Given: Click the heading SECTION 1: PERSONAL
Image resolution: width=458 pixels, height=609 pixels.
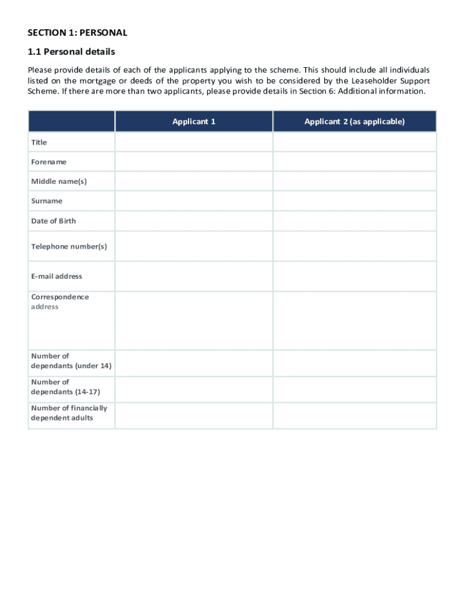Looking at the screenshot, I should click(78, 33).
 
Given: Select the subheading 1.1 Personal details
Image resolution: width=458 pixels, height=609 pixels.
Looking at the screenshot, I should click(71, 52).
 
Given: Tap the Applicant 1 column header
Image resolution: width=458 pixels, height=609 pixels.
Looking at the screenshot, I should click(194, 121).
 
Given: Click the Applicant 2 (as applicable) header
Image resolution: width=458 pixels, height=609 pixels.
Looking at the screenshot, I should click(355, 121).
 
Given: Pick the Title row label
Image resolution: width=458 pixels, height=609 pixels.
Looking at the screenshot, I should click(39, 142).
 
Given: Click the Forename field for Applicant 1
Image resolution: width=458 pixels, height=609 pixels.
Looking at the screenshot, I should click(194, 162).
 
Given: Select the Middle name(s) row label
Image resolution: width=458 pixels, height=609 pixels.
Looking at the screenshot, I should click(59, 181).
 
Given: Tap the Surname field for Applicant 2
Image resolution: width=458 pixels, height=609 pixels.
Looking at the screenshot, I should click(355, 201).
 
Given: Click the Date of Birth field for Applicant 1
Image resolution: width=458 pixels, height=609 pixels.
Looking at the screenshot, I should click(194, 221).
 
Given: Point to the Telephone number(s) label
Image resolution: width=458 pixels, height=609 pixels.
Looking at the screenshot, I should click(69, 246).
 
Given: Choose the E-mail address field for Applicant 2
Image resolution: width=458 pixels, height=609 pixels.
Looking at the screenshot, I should click(355, 276).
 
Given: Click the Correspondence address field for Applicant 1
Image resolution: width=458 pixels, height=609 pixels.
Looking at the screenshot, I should click(194, 321).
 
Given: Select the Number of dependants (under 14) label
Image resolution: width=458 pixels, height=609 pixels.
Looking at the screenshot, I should click(71, 361).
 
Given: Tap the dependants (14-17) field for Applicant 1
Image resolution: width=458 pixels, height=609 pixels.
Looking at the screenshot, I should click(194, 389).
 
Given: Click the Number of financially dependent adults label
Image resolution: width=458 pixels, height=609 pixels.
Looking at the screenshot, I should click(69, 413).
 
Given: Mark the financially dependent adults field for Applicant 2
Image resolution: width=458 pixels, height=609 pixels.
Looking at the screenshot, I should click(355, 415).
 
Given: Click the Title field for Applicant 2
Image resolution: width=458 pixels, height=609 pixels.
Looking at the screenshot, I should click(355, 142).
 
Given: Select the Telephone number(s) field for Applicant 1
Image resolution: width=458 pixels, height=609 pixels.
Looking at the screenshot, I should click(194, 246).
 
